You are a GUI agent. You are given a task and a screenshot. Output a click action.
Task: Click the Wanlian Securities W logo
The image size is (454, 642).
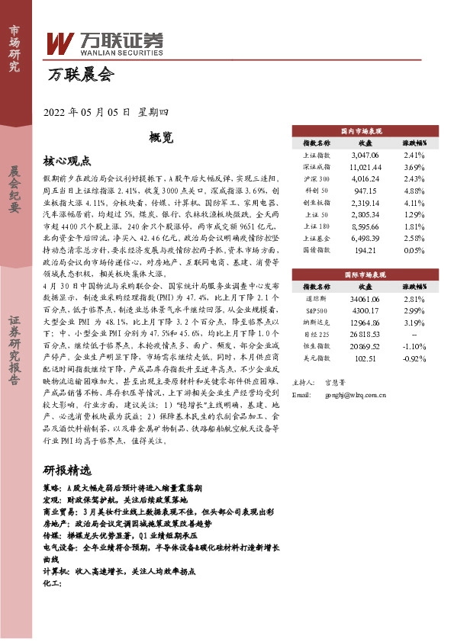coord(60,43)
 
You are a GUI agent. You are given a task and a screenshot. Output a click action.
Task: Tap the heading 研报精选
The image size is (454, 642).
coord(67,470)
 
